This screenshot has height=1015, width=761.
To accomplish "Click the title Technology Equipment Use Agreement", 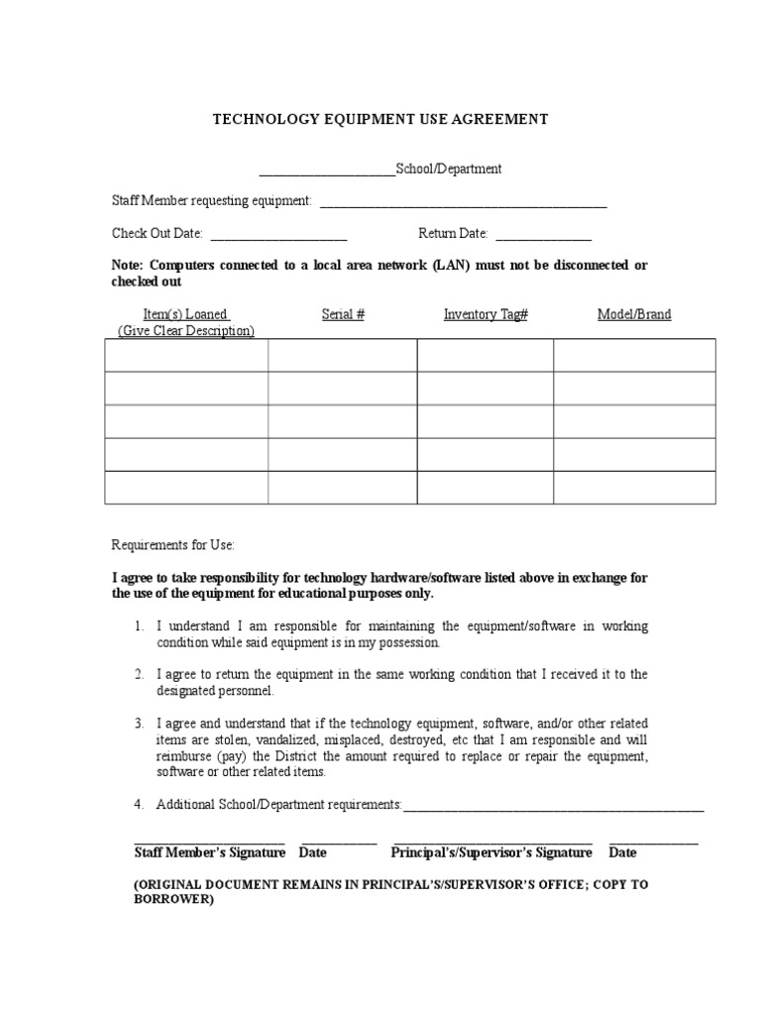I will pyautogui.click(x=380, y=120).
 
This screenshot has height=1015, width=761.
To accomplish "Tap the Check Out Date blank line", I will pyautogui.click(x=278, y=238).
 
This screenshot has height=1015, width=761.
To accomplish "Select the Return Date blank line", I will pyautogui.click(x=543, y=238).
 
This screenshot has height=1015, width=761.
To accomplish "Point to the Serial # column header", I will pyautogui.click(x=343, y=314).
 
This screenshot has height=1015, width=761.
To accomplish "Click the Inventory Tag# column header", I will pyautogui.click(x=485, y=314).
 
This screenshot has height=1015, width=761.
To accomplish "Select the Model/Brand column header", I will pyautogui.click(x=634, y=314).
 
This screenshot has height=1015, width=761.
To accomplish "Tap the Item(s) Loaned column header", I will pyautogui.click(x=186, y=314).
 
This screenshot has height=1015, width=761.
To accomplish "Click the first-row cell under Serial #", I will pyautogui.click(x=343, y=355).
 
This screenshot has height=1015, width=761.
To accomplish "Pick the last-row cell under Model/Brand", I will pyautogui.click(x=634, y=488).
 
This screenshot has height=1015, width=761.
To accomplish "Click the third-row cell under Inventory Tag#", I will pyautogui.click(x=485, y=421).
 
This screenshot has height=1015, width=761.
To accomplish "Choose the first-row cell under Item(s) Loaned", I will pyautogui.click(x=186, y=355).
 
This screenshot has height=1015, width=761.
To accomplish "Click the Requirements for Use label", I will pyautogui.click(x=173, y=545).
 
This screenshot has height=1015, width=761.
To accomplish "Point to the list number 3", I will pyautogui.click(x=140, y=724).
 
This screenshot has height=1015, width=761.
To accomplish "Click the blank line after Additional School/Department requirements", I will pyautogui.click(x=554, y=809).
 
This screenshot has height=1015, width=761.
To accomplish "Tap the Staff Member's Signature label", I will pyautogui.click(x=209, y=852).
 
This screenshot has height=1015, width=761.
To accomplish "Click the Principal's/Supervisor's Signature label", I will pyautogui.click(x=491, y=852).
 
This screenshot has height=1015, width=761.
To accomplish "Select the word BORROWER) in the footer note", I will pyautogui.click(x=173, y=900).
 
